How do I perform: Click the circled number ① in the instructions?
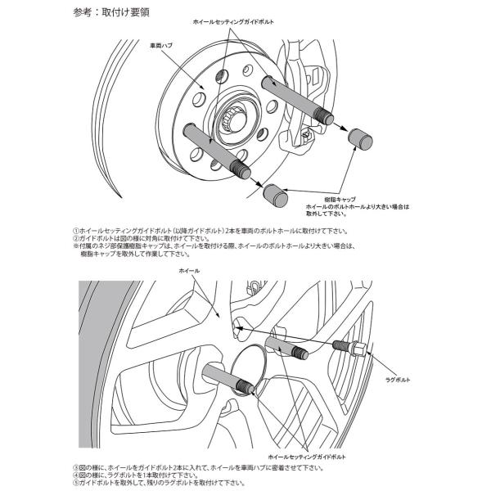75,232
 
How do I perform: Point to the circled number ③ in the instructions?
75,463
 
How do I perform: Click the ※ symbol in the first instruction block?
75,245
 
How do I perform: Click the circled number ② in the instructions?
75,238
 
